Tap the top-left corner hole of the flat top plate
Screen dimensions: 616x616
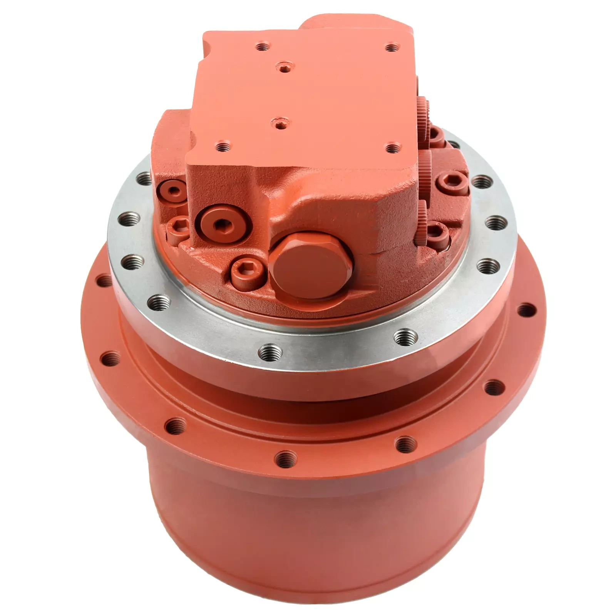(x=263, y=48)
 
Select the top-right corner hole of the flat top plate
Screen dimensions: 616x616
(x=391, y=49)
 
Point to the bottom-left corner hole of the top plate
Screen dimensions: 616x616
(x=223, y=147)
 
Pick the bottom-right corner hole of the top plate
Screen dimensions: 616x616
(x=391, y=147)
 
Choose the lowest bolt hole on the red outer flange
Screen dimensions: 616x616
(x=286, y=458)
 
